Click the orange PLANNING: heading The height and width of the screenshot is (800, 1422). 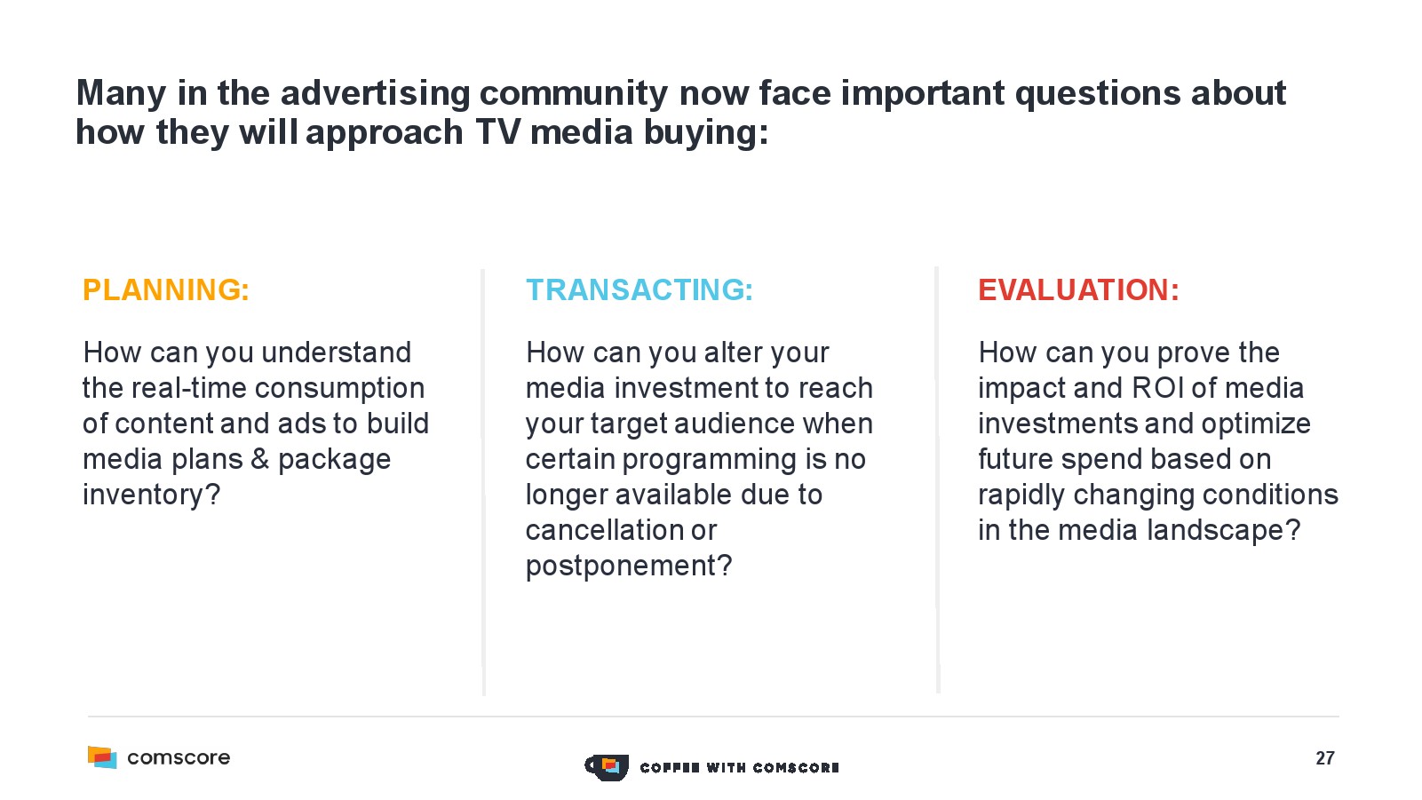tap(166, 290)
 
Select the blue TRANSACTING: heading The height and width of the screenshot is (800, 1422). tap(640, 290)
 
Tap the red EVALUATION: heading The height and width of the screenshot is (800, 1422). tap(1078, 290)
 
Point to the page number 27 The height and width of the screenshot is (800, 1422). tap(1325, 758)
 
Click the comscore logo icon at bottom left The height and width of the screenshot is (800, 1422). tap(102, 757)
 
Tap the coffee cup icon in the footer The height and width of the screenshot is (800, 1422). tap(607, 767)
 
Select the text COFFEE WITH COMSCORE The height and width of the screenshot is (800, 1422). tap(740, 768)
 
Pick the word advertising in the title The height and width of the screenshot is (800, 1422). tap(375, 94)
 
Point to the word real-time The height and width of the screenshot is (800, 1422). tap(188, 388)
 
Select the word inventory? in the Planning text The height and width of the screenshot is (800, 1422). tap(151, 495)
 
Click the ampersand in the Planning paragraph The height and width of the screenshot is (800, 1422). tap(259, 459)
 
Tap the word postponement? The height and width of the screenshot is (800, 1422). tap(629, 566)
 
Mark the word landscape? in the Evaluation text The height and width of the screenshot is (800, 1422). tap(1225, 530)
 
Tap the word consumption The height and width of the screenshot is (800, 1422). tap(339, 388)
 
